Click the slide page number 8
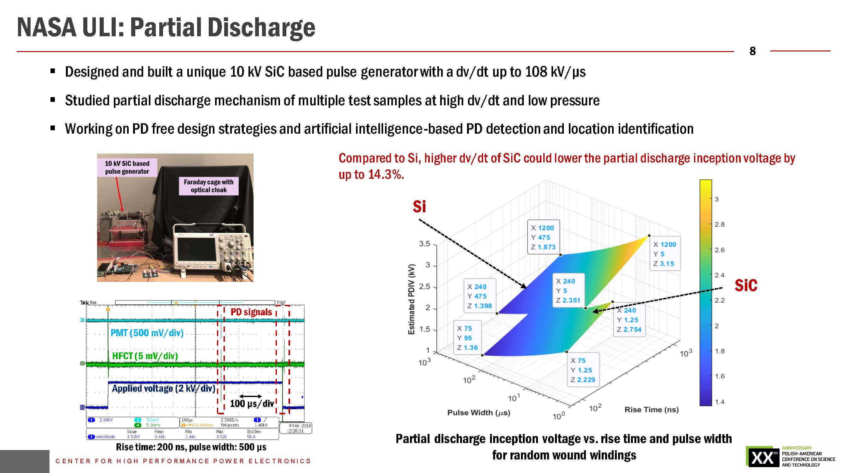[752, 51]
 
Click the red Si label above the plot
[419, 207]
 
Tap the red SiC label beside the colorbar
[746, 285]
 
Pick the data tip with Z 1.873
[543, 237]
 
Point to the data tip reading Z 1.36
[467, 338]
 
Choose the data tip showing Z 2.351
[568, 290]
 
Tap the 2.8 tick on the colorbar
[720, 224]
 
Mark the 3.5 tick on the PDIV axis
[424, 244]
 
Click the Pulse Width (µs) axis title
[479, 412]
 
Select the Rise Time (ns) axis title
[651, 409]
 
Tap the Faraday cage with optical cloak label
[209, 186]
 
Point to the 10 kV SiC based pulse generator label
[127, 167]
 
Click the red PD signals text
[251, 312]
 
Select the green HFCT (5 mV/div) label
[145, 356]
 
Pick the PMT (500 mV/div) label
[147, 333]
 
